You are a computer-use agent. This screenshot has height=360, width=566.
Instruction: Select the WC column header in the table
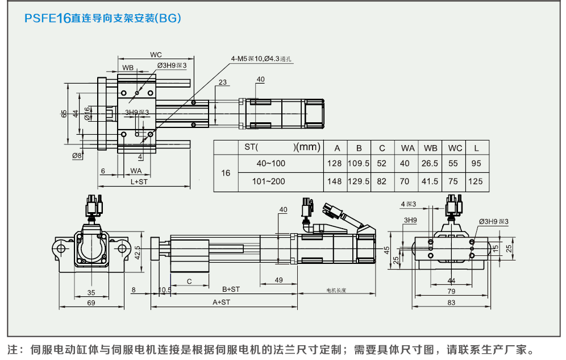coord(455,148)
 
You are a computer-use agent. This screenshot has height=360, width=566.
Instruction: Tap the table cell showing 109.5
coord(359,164)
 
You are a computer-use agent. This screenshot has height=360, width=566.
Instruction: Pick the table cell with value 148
coord(335,181)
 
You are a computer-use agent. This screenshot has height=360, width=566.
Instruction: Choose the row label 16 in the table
coord(226,172)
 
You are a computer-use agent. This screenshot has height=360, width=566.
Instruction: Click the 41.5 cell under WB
coord(430,181)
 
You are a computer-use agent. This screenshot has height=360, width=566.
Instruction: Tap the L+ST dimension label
coord(139,182)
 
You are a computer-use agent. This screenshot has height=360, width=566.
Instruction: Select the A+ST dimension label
coord(221,302)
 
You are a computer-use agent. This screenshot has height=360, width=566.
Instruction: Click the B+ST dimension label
coord(231,289)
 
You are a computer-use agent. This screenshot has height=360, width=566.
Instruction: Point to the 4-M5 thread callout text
coord(261,59)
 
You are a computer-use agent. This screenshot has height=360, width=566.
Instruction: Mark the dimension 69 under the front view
coord(91,303)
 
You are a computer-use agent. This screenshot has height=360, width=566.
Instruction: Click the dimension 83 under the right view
coord(451,303)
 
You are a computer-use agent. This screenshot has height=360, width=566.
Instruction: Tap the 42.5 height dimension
coord(138,253)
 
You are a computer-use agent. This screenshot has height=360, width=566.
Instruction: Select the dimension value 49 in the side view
coord(278,280)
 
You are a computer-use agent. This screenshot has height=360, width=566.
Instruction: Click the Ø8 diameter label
coord(77,155)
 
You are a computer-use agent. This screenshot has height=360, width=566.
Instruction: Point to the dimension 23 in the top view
coord(222,82)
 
